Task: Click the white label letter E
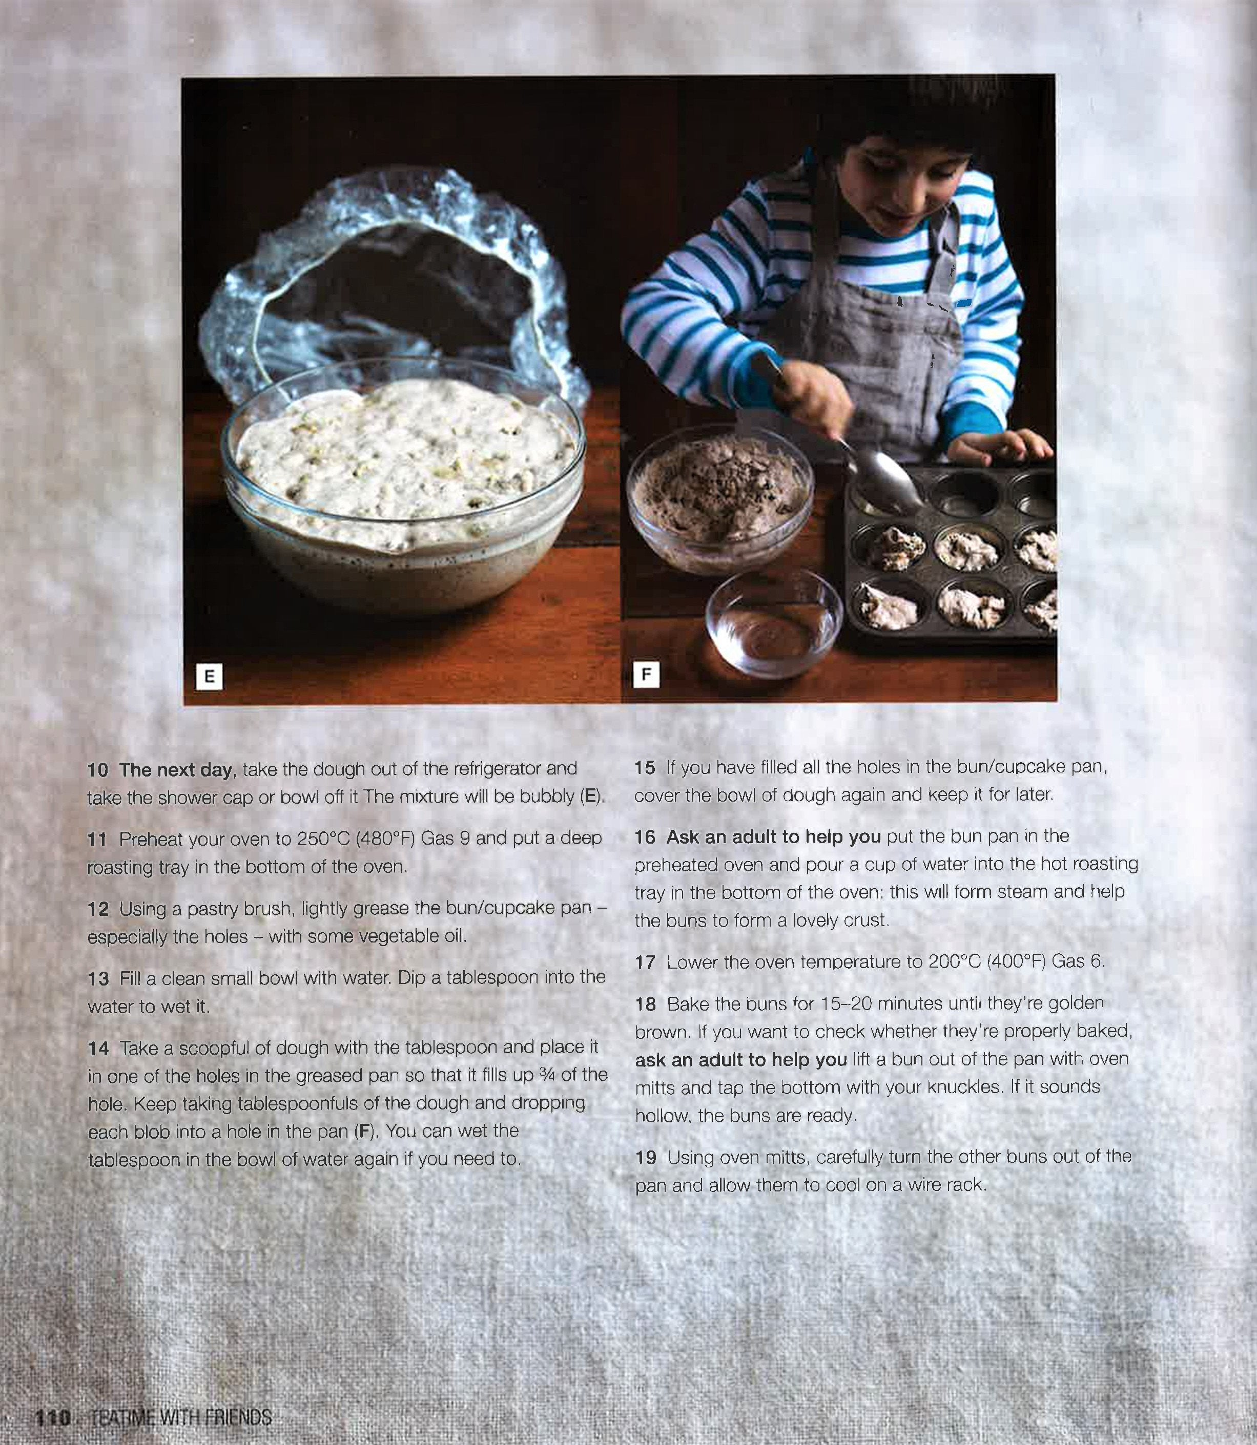[209, 677]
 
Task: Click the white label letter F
[646, 675]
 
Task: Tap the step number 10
[97, 770]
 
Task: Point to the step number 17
[645, 962]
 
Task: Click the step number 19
[645, 1157]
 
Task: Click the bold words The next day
[175, 770]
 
